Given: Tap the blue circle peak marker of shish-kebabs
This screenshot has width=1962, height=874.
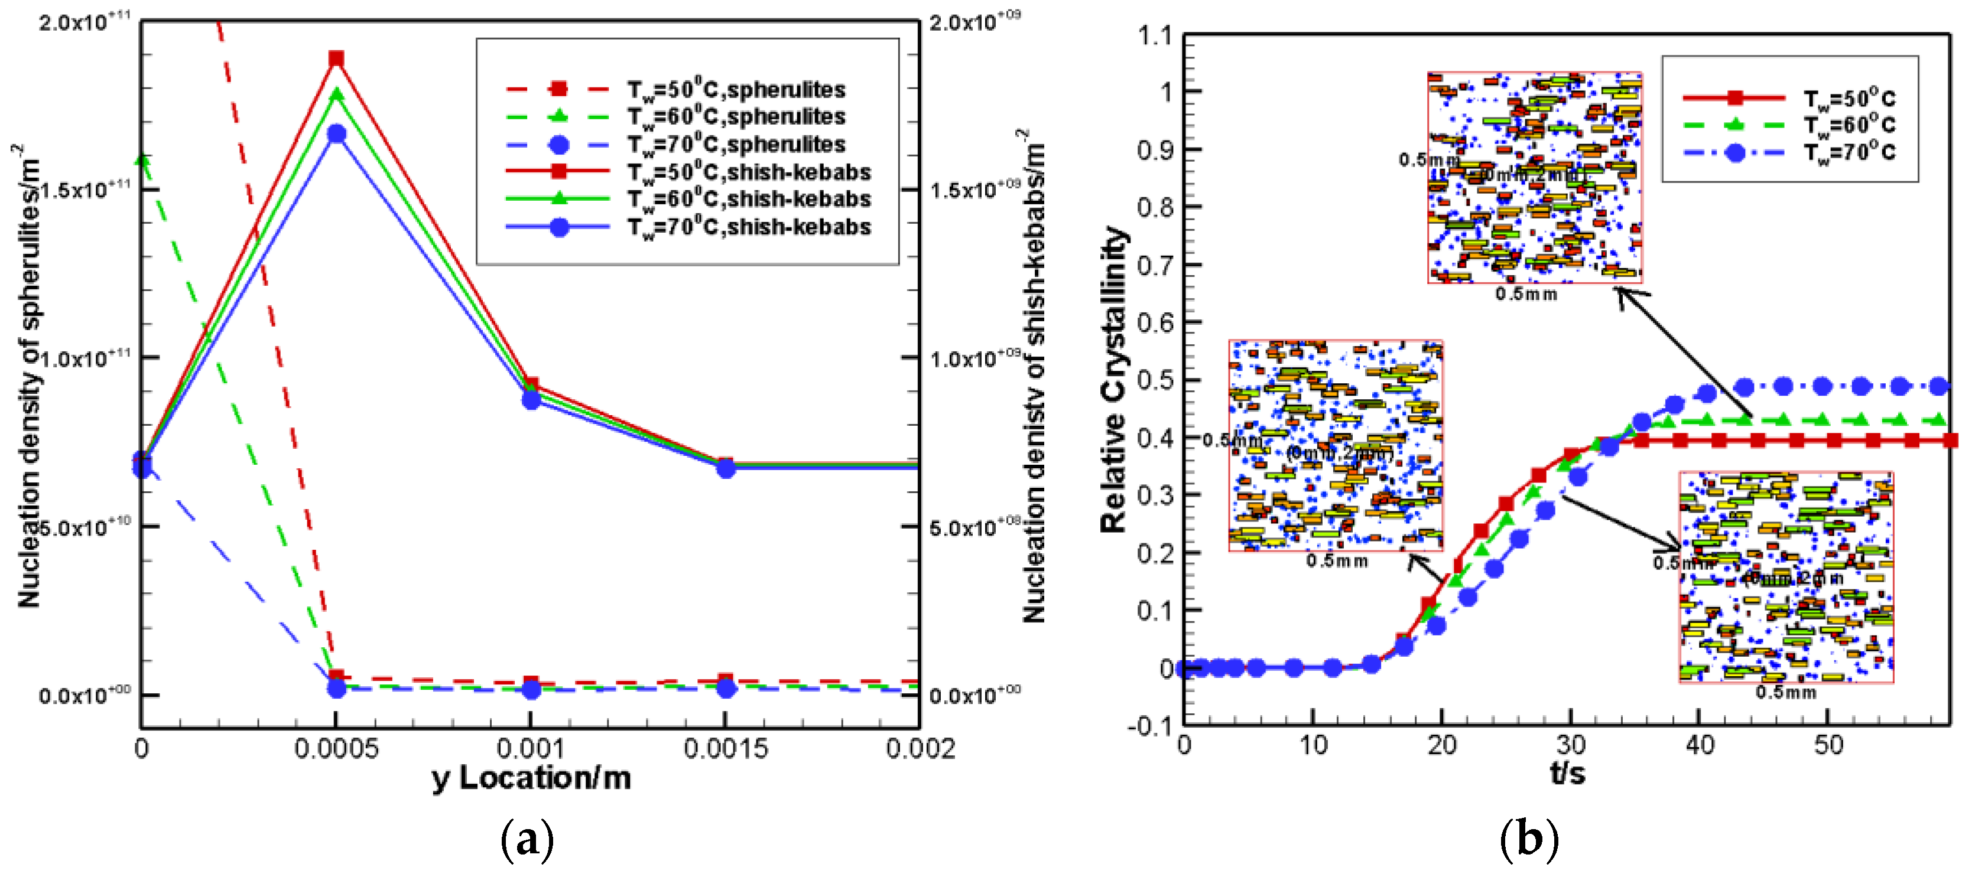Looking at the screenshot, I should tap(336, 134).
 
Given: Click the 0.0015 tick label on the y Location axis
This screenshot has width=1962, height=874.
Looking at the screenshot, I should tap(725, 749).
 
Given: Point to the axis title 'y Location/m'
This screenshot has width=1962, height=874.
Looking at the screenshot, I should tap(531, 778).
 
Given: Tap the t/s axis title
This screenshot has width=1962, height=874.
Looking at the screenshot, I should tap(1567, 774).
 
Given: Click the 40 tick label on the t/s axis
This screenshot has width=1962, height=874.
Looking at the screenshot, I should tap(1699, 745).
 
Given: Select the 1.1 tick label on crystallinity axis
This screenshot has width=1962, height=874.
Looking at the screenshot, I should tap(1154, 36).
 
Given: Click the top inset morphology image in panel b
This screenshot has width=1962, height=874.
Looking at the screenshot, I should tap(1534, 177).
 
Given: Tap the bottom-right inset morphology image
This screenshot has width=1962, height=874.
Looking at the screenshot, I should tap(1785, 576).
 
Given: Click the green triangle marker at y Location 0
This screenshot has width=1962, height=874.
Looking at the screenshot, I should tap(142, 161).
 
